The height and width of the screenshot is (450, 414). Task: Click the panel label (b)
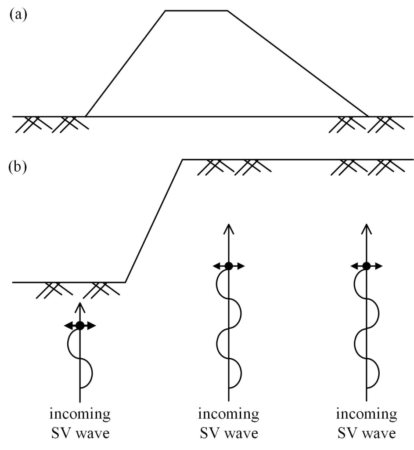[x=18, y=168]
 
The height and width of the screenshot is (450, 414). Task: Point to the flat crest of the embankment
[x=196, y=10]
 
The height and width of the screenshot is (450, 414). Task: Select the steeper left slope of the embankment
[x=126, y=63]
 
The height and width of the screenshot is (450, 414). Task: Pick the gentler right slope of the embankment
[x=298, y=63]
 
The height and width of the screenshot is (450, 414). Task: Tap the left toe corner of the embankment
[x=86, y=116]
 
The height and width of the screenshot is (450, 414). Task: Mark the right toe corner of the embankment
[x=368, y=116]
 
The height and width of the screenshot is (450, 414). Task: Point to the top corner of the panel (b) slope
[x=182, y=160]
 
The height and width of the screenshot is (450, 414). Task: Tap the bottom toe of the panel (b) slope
[x=126, y=282]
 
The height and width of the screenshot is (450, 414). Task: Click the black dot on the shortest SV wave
[x=79, y=326]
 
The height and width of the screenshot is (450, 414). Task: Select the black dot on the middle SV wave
[x=228, y=266]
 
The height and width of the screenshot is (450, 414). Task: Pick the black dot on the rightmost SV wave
[x=366, y=266]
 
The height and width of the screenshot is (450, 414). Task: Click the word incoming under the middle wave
[x=228, y=414]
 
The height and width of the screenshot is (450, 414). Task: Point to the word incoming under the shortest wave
[x=79, y=414]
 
